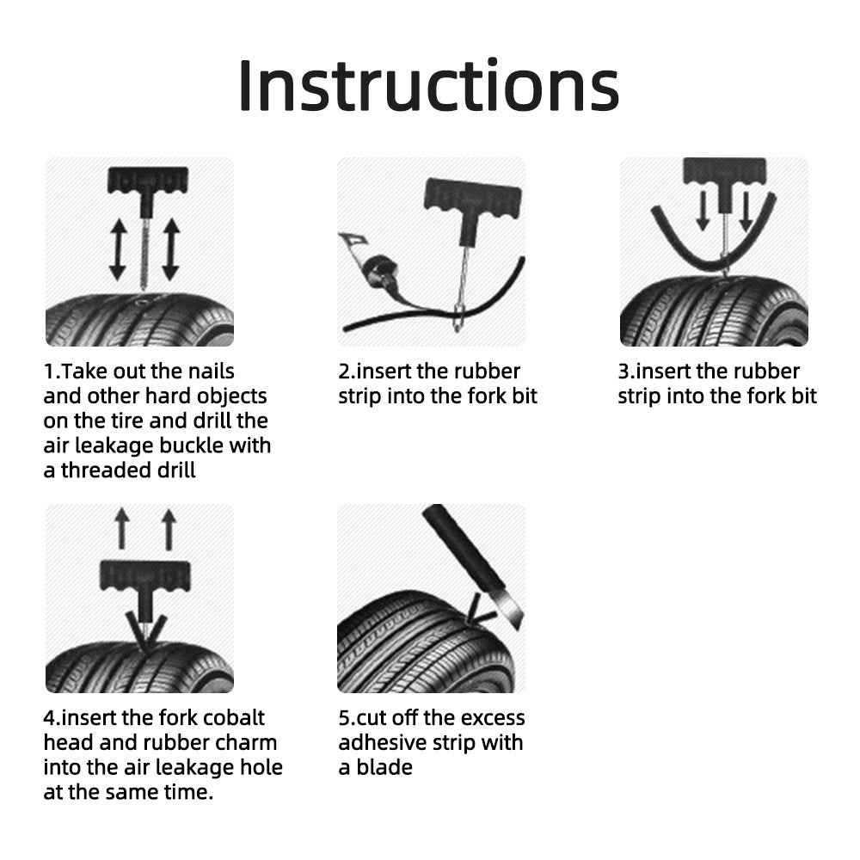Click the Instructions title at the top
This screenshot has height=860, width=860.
pos(428,85)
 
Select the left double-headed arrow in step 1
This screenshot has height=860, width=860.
pos(117,249)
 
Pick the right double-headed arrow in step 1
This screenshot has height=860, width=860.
pos(170,249)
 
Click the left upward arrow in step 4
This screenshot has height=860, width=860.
pos(121,527)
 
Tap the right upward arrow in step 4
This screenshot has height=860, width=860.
pos(169,527)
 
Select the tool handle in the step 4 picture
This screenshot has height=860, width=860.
pos(144,575)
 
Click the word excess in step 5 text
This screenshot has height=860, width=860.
pos(493,718)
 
